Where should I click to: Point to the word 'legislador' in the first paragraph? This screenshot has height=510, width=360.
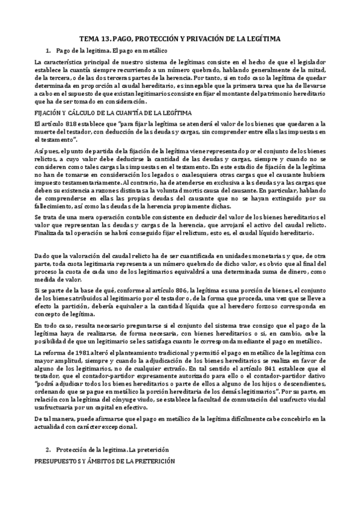coord(310,62)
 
